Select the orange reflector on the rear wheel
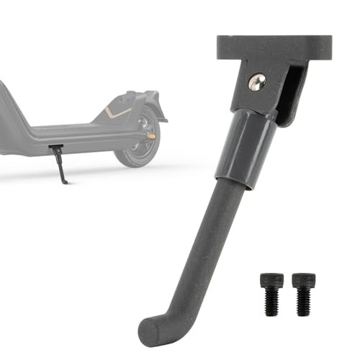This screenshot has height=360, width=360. (x=151, y=135)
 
